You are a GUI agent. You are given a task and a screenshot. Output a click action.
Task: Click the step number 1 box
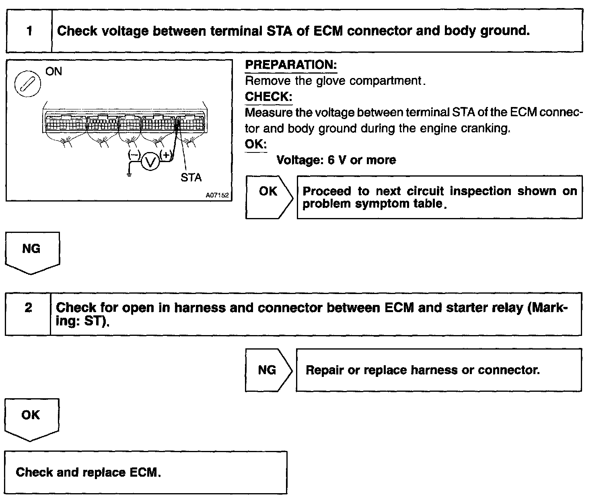(x=29, y=31)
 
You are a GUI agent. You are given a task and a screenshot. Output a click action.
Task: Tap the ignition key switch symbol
(x=28, y=85)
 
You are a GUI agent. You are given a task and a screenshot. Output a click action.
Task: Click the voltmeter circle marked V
(x=150, y=162)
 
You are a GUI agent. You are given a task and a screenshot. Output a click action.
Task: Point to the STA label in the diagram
(x=191, y=177)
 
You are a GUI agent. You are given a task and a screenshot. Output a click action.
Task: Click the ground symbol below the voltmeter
(x=129, y=175)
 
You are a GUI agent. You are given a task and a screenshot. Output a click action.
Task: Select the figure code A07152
(x=217, y=195)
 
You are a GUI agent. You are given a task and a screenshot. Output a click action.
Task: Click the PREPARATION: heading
(x=291, y=65)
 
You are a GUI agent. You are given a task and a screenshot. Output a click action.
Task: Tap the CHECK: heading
(x=268, y=97)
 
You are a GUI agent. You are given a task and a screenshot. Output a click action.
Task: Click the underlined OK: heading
(x=255, y=144)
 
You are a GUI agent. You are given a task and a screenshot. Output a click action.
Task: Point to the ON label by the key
(x=54, y=72)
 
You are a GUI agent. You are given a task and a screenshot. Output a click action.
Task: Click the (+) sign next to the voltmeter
(x=166, y=154)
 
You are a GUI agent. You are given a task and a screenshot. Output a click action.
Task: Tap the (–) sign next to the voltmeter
(x=134, y=154)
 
